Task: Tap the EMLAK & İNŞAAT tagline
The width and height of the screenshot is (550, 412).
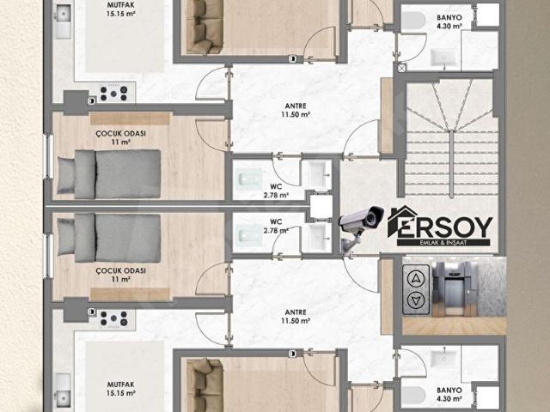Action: pyautogui.click(x=443, y=242)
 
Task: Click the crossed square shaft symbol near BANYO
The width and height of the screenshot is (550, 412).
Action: pyautogui.click(x=402, y=67)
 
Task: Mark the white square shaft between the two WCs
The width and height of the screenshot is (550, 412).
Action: pyautogui.click(x=321, y=206)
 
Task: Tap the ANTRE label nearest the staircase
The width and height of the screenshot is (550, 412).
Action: pyautogui.click(x=296, y=110)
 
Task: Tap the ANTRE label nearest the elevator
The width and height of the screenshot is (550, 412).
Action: pyautogui.click(x=296, y=317)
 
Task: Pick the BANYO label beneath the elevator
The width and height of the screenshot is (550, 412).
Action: pyautogui.click(x=449, y=394)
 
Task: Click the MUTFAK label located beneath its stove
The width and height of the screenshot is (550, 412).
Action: pyautogui.click(x=120, y=389)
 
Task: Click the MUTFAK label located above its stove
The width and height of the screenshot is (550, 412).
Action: pyautogui.click(x=120, y=9)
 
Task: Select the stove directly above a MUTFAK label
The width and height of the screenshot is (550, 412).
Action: pyautogui.click(x=113, y=318)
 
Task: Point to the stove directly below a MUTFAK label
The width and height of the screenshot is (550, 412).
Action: pyautogui.click(x=113, y=93)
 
